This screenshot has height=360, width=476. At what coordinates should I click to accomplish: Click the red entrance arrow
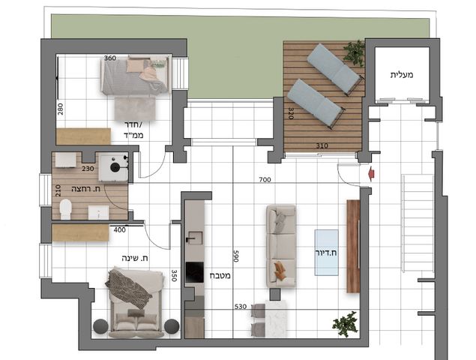tap(371, 174)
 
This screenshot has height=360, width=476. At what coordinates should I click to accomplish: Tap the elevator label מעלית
tap(402, 75)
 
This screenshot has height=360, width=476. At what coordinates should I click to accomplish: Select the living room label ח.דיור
tap(326, 253)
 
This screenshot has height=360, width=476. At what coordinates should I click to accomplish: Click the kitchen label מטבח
tap(220, 275)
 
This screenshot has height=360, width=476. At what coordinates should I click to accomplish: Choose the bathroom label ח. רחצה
tap(86, 189)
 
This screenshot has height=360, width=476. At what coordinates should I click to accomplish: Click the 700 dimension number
tap(265, 180)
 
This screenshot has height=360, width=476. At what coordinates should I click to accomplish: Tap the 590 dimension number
tap(236, 256)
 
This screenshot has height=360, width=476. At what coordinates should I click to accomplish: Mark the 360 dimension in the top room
tap(110, 58)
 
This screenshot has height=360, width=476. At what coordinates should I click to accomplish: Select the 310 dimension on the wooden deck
tap(322, 145)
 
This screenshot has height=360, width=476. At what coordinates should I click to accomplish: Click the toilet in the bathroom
tap(65, 208)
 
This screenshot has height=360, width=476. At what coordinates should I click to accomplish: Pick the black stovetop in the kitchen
tap(195, 272)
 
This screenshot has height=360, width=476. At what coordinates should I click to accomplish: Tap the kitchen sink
tap(194, 238)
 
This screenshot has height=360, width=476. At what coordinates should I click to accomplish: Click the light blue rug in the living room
tap(326, 253)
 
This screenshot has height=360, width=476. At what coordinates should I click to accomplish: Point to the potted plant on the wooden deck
tap(355, 52)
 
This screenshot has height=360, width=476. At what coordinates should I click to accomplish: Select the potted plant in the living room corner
tap(346, 324)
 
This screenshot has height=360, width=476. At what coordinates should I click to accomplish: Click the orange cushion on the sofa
tap(280, 270)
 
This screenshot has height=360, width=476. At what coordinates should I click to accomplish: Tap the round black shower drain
tap(115, 167)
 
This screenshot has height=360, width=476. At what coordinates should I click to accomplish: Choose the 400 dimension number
tap(120, 230)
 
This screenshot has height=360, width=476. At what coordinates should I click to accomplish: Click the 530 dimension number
tap(241, 307)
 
